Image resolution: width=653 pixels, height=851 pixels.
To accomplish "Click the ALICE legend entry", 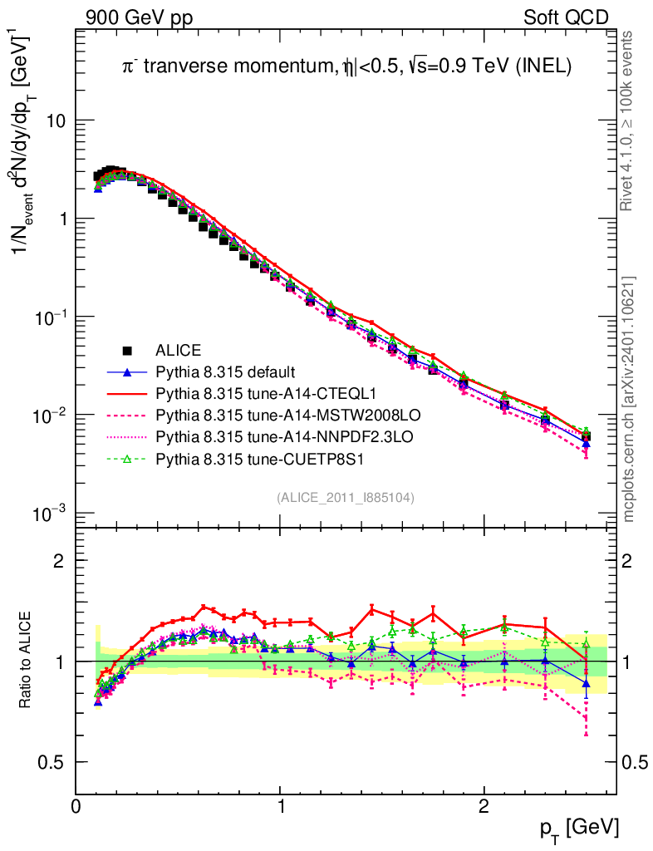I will tap(179, 350).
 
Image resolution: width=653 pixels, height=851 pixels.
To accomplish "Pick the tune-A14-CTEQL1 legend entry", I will tap(250, 391).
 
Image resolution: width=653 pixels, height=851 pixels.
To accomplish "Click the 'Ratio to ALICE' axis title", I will tap(26, 661).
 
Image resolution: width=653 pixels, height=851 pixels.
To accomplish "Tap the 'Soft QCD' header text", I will tap(566, 17).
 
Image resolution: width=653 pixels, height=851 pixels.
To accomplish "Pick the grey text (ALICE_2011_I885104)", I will tap(346, 497).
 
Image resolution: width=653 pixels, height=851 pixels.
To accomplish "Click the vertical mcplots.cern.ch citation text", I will tap(629, 399).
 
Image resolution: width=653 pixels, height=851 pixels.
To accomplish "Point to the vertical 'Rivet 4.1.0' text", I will tap(629, 121).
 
